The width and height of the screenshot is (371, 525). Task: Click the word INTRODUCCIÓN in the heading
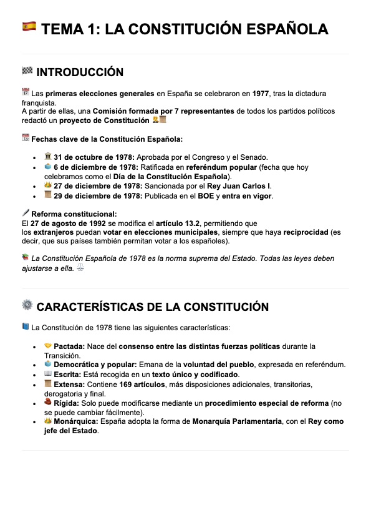[80, 72]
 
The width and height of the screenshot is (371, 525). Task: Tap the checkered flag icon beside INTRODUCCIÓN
[27, 71]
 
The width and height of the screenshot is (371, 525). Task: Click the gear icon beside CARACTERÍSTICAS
[27, 305]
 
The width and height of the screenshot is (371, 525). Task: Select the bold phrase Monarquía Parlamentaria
[237, 422]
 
